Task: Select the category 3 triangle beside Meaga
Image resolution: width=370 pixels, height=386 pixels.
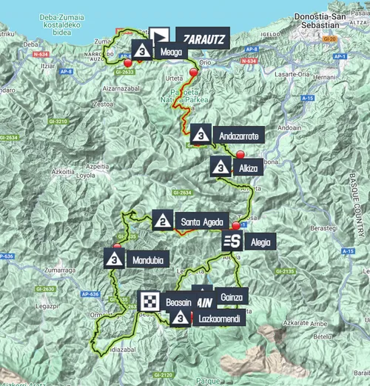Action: point(142,52)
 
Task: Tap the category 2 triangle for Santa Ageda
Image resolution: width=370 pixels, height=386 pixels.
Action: point(162,220)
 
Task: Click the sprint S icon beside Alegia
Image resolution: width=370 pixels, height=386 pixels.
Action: point(232,241)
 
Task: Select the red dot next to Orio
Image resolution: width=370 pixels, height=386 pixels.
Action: point(194,72)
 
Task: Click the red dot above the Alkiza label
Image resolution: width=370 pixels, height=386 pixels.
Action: point(240,154)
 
